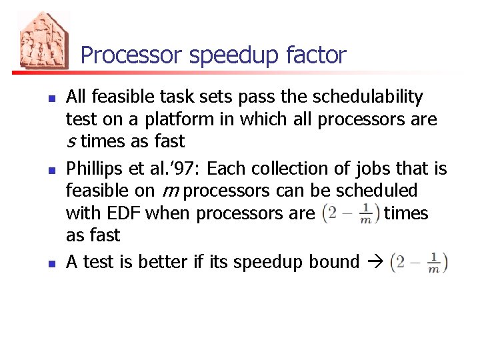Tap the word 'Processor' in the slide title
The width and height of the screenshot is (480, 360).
[x=132, y=55]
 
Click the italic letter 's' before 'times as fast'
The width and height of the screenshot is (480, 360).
[x=71, y=142]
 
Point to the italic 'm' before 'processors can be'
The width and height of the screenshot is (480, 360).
[x=169, y=191]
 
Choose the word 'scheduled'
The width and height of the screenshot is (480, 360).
[x=377, y=191]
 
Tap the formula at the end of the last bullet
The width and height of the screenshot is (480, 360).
[x=419, y=261]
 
